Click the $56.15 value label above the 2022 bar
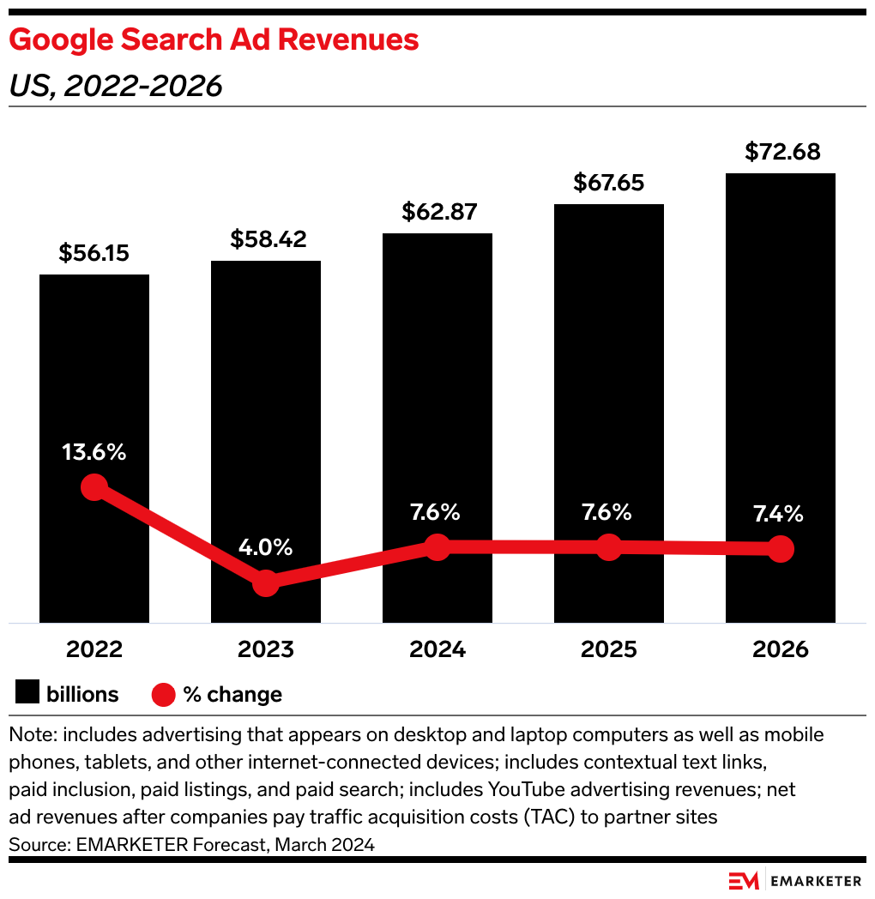coord(94,253)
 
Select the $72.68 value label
coord(782,152)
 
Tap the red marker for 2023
coord(266,583)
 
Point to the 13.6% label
coord(94,452)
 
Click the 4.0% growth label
coord(266,546)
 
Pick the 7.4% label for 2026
coord(780,514)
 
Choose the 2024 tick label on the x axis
coord(437,649)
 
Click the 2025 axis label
coord(608,649)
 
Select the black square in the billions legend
coord(27,694)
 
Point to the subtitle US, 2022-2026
coord(116,86)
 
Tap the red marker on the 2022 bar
coord(94,487)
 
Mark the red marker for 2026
coord(780,549)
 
